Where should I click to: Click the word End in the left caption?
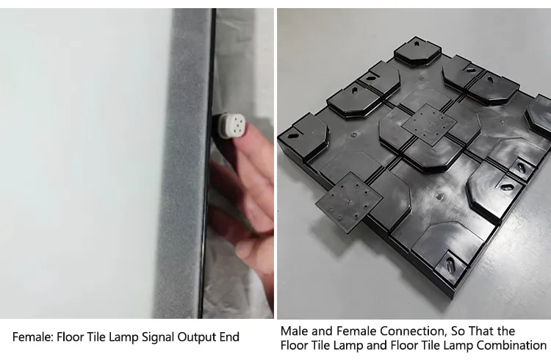coord(228,337)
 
